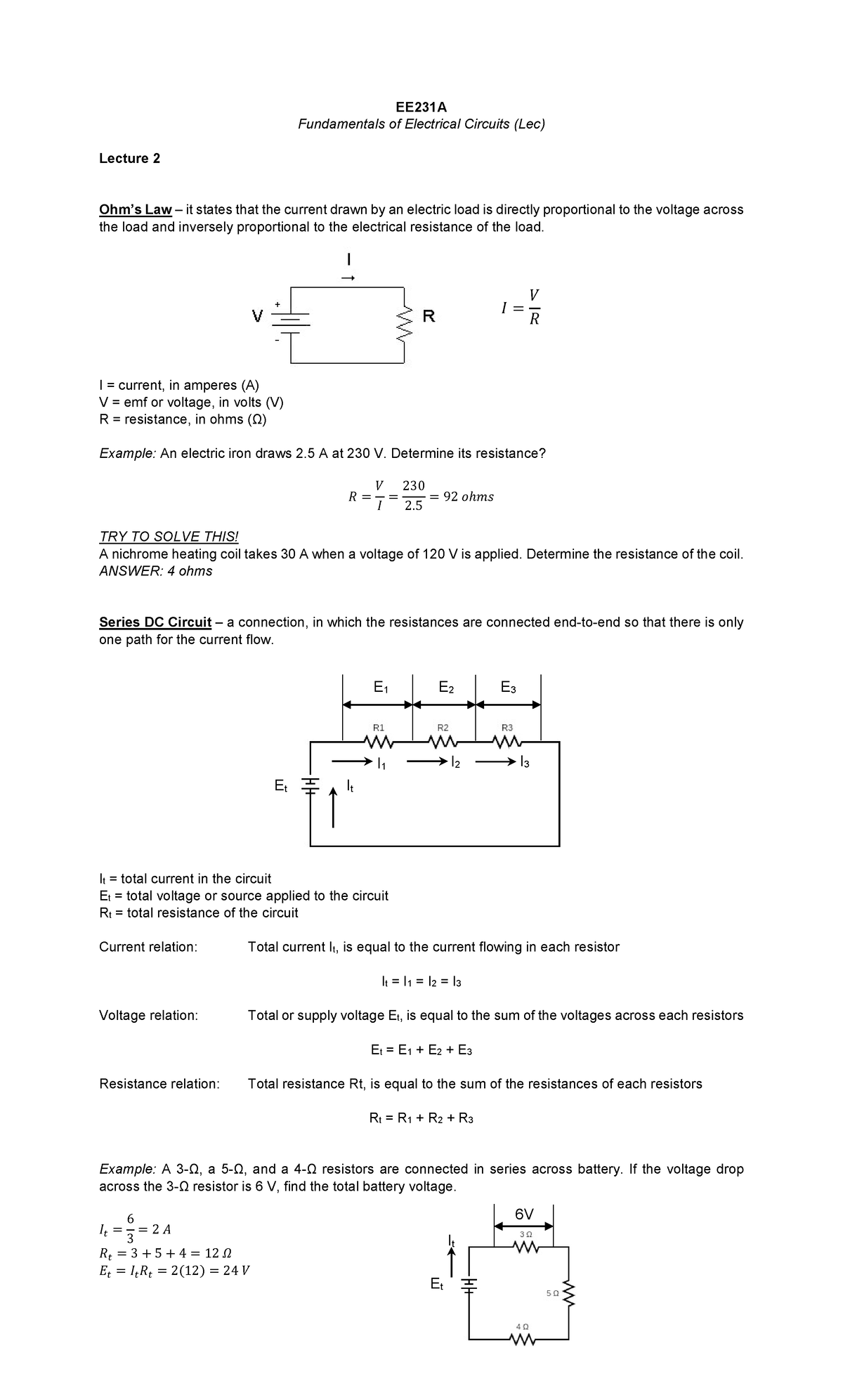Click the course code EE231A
pyautogui.click(x=421, y=107)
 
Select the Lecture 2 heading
pyautogui.click(x=129, y=158)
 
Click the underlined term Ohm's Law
pyautogui.click(x=135, y=209)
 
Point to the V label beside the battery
pyautogui.click(x=258, y=317)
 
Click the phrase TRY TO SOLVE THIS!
pyautogui.click(x=169, y=537)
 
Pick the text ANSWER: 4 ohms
pyautogui.click(x=155, y=571)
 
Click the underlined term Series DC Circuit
pyautogui.click(x=155, y=622)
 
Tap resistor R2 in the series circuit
pyautogui.click(x=443, y=742)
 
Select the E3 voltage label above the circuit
pyautogui.click(x=508, y=687)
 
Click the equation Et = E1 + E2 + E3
pyautogui.click(x=421, y=1050)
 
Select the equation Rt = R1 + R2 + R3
pyautogui.click(x=421, y=1118)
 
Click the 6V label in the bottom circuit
pyautogui.click(x=524, y=1214)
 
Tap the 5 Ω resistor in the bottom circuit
pyautogui.click(x=569, y=1293)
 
